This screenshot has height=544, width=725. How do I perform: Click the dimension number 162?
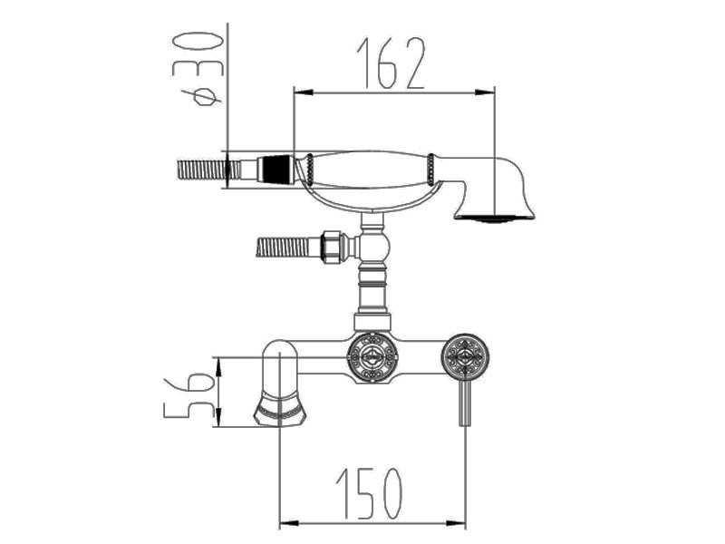click(x=391, y=63)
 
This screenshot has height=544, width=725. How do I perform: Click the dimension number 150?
click(x=370, y=493)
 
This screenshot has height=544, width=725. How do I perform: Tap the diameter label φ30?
click(x=198, y=69)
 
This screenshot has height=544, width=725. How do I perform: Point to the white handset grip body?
click(x=370, y=170)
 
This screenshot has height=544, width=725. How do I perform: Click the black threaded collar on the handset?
click(x=276, y=170)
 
